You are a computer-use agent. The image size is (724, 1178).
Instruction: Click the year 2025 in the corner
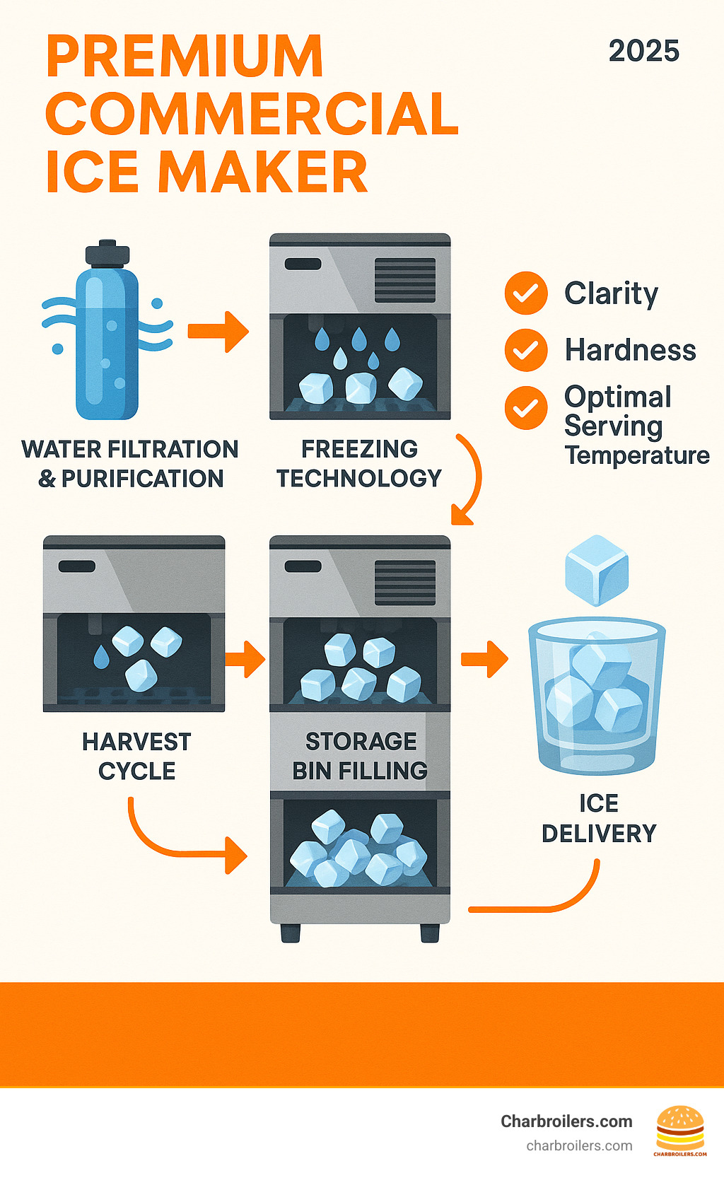click(643, 51)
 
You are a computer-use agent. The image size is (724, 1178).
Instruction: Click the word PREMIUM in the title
click(185, 56)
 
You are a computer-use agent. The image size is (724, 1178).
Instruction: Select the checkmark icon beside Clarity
click(526, 293)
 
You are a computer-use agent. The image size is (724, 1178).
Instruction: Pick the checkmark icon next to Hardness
click(526, 350)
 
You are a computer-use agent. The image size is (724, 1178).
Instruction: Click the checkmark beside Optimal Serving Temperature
click(526, 407)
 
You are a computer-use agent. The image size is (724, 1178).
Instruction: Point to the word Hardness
click(630, 350)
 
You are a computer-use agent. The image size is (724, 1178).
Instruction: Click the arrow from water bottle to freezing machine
click(218, 331)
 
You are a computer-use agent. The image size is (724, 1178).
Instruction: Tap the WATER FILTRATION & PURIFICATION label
click(130, 464)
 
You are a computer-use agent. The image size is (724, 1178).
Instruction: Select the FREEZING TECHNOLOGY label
click(359, 464)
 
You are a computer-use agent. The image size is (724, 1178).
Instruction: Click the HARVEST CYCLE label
click(136, 756)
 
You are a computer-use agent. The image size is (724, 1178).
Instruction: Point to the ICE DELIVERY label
click(599, 818)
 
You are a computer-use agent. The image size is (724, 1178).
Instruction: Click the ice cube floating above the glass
click(597, 570)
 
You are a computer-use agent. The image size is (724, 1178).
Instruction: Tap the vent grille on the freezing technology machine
click(405, 281)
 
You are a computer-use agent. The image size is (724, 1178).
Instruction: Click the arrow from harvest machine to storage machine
click(245, 659)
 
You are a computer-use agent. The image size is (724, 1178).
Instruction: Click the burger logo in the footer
click(680, 1129)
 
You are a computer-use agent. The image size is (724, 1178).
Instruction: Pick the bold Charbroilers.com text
click(566, 1121)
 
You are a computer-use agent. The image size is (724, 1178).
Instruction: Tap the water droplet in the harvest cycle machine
click(102, 657)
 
